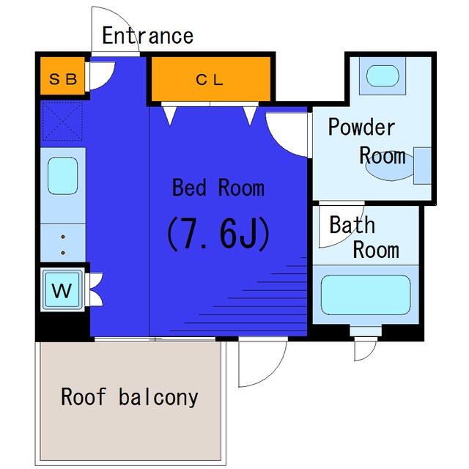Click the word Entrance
(x=147, y=35)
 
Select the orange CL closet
(x=210, y=80)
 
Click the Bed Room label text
(x=218, y=188)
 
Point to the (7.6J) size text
(x=218, y=233)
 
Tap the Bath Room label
(x=364, y=237)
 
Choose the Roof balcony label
(x=129, y=397)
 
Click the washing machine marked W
(x=63, y=291)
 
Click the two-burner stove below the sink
(x=62, y=243)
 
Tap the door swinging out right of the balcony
(x=262, y=363)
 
